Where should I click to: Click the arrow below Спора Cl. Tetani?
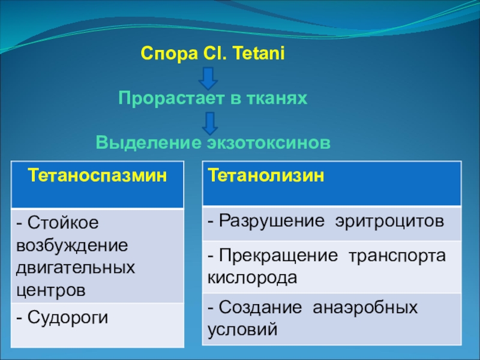coord(208,79)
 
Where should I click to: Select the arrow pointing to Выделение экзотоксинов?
coord(210,124)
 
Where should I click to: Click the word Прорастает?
coord(171,98)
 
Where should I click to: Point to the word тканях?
coord(277,98)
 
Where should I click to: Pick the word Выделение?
coord(149,143)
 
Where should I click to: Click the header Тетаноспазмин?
coord(97,176)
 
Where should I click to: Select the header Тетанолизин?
coord(266,176)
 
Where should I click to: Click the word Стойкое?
coord(63,223)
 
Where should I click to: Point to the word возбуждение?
coord(72,246)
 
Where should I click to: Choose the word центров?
coord(51,290)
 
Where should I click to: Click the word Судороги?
coord(68,318)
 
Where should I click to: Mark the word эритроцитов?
coord(389,221)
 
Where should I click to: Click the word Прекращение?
coord(278,256)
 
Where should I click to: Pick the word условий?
coord(242,329)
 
